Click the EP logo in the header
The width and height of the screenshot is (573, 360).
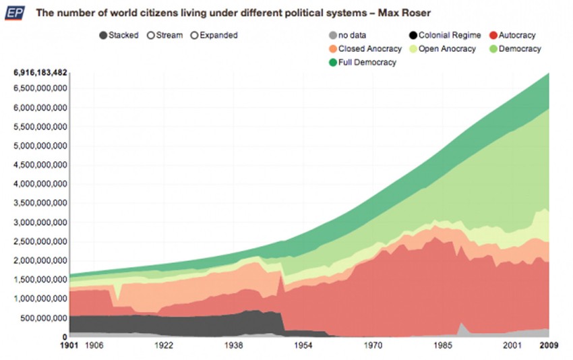click(x=15, y=13)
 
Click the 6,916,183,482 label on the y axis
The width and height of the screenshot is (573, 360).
click(x=40, y=72)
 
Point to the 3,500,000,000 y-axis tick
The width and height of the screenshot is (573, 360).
click(x=40, y=203)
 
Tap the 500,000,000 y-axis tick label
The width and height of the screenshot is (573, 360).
click(x=44, y=318)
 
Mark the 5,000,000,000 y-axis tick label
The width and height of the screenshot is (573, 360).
click(x=40, y=146)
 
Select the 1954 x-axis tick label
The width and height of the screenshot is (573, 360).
click(x=304, y=345)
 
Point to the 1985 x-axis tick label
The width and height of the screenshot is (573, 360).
click(x=442, y=345)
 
